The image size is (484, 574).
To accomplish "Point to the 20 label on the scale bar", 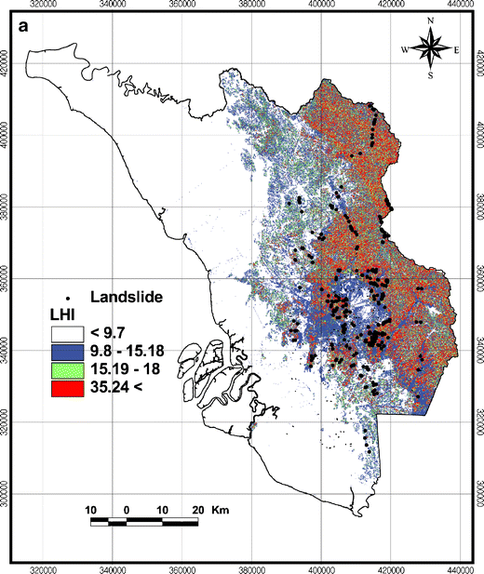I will [197, 510].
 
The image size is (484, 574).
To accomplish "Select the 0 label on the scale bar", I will [126, 510].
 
